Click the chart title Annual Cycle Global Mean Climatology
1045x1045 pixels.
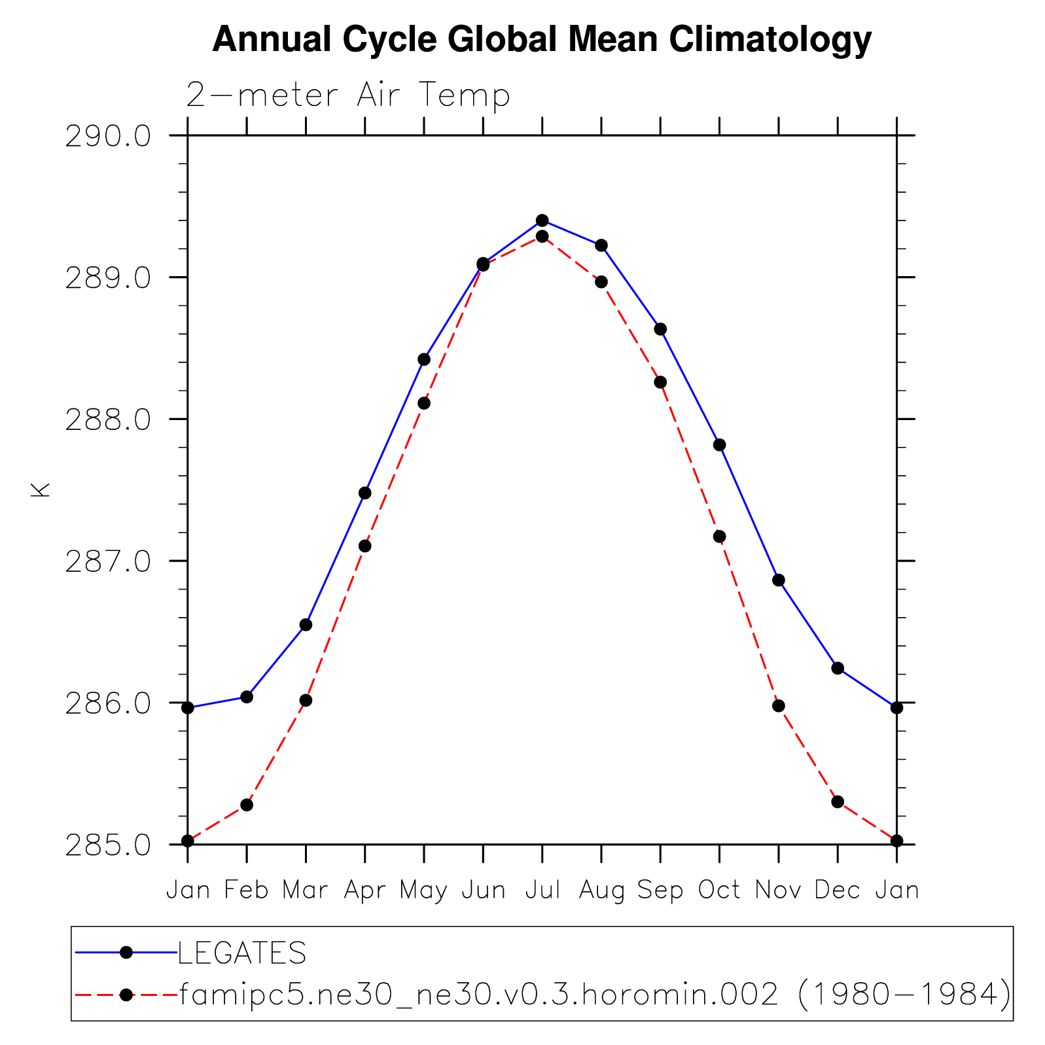click(x=542, y=39)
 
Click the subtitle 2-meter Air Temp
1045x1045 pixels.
click(x=347, y=96)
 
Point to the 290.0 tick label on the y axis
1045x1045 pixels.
click(x=108, y=136)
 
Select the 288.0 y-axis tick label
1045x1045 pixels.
click(x=108, y=419)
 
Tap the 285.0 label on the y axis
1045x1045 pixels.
click(x=108, y=845)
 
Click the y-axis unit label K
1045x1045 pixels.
click(x=41, y=489)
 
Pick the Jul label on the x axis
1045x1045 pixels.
click(x=542, y=890)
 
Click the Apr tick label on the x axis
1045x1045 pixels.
click(x=364, y=890)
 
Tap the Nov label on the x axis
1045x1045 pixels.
click(x=778, y=890)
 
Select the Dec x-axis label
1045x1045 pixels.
click(x=837, y=890)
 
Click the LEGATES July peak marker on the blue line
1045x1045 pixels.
click(x=542, y=221)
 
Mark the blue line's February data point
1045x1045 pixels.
click(x=247, y=697)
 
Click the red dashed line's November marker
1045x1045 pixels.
click(x=778, y=705)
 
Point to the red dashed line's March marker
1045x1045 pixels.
click(x=306, y=700)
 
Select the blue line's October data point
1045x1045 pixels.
click(x=719, y=445)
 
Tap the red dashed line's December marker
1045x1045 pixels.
click(x=837, y=802)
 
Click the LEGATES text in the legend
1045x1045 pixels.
click(x=242, y=953)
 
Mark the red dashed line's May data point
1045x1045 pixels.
click(x=424, y=403)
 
